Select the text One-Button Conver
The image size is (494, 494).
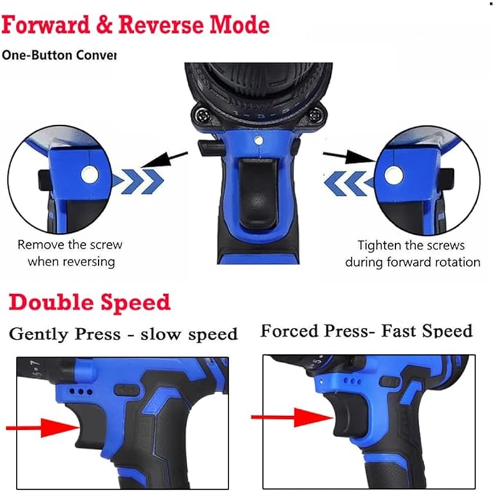coord(59,55)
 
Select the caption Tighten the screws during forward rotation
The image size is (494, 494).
coord(412,253)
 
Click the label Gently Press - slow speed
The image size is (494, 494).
coord(123,335)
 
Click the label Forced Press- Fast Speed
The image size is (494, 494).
coord(366,331)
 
